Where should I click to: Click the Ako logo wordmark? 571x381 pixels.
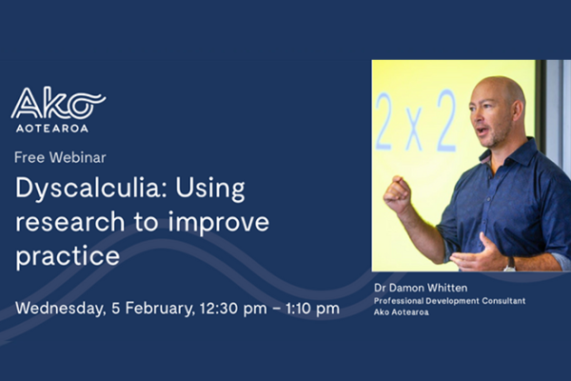click(57, 103)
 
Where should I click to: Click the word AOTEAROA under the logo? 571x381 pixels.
click(49, 128)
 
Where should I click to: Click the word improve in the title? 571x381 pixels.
click(223, 223)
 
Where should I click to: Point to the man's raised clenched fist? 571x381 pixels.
click(397, 193)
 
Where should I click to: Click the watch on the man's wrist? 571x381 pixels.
click(509, 263)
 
